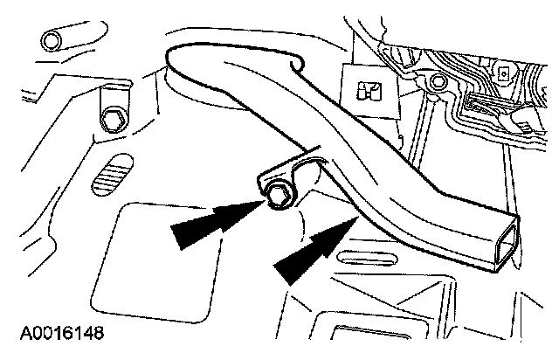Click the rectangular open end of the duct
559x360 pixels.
[x=499, y=239]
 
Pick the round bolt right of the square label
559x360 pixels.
[x=438, y=84]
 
